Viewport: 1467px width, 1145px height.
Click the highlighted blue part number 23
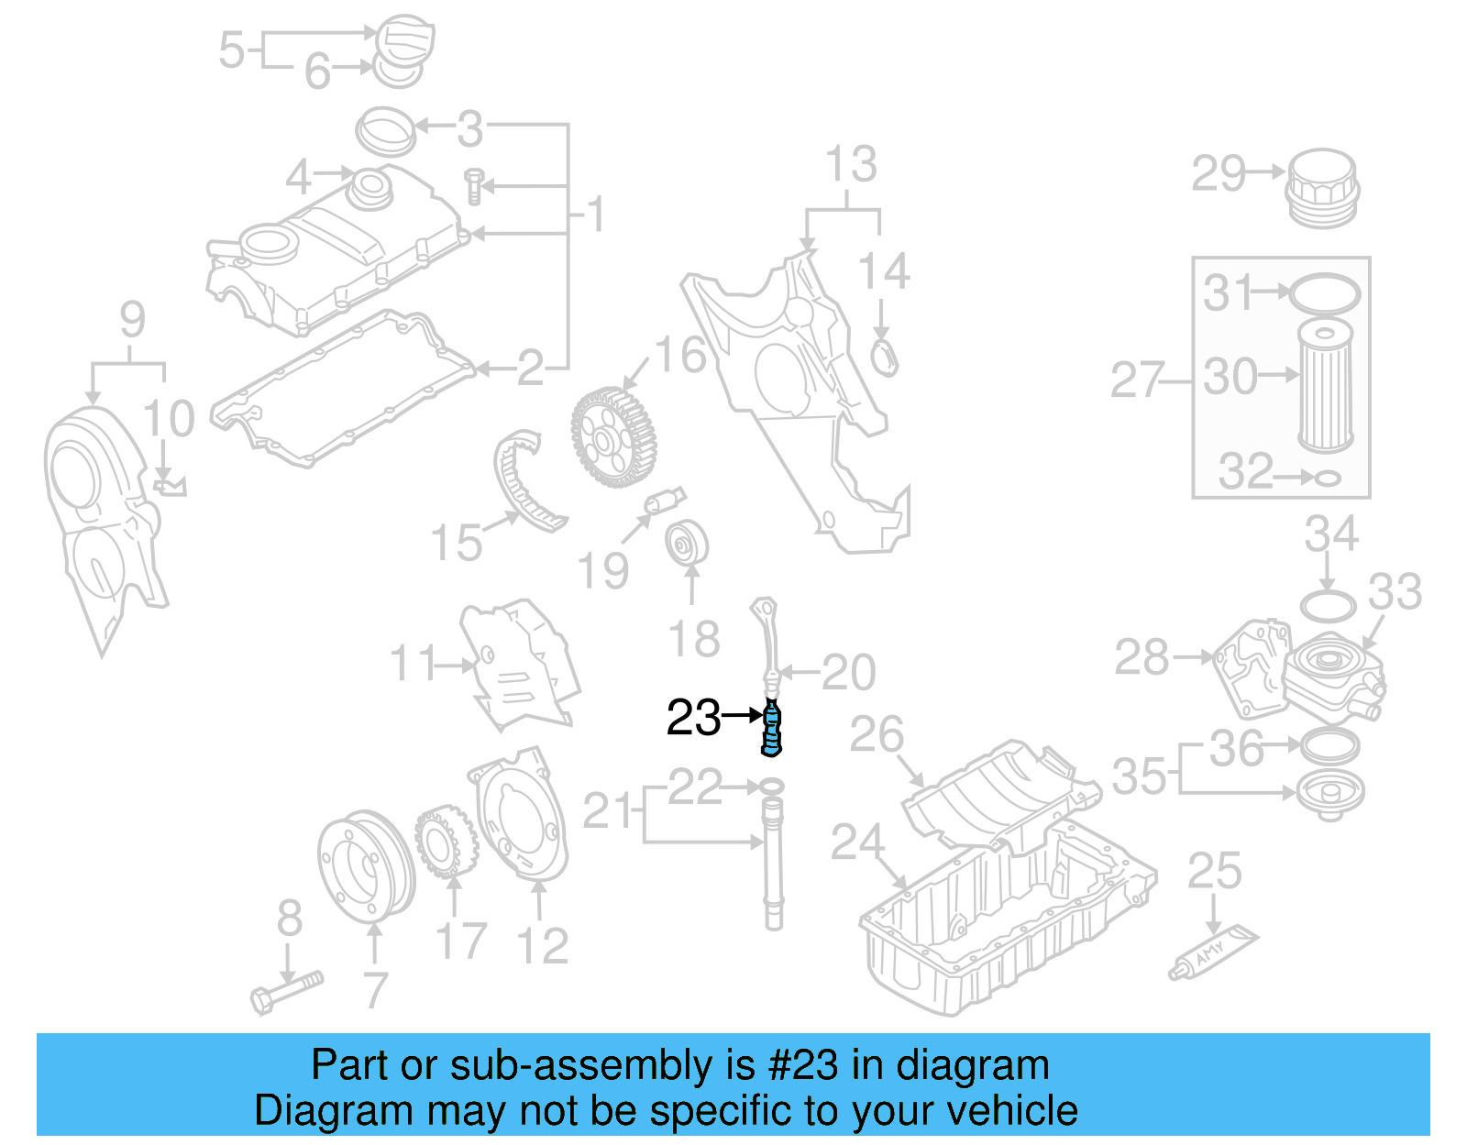pos(772,729)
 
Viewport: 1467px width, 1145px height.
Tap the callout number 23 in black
pos(693,718)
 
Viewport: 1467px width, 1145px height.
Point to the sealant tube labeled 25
pos(1213,953)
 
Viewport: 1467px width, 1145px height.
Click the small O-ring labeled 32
pos(1328,478)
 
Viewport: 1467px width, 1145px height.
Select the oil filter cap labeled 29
pos(1321,188)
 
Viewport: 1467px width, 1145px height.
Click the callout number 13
pos(851,165)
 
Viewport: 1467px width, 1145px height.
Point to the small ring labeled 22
pos(772,787)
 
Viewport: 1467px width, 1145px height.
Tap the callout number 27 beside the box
pos(1137,380)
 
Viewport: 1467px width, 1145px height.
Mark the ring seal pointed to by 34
pos(1328,606)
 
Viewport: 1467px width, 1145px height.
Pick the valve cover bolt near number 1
pos(474,185)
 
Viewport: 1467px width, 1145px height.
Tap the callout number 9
pos(132,320)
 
